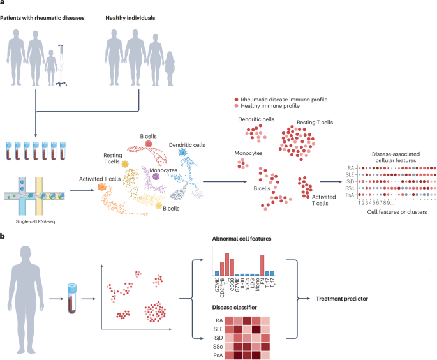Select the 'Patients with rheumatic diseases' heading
tap(40, 16)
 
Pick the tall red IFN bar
tap(262, 255)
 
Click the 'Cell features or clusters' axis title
tap(396, 211)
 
